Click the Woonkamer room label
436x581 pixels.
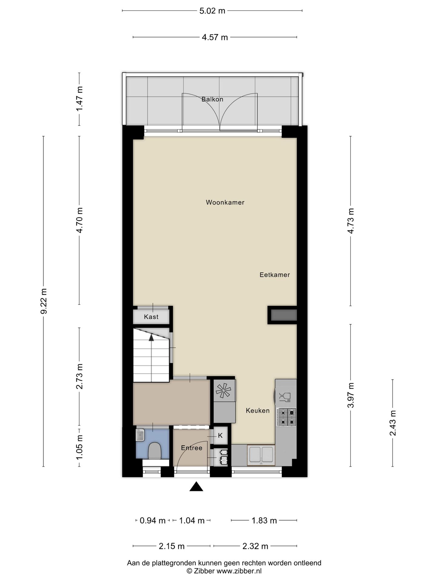coord(225,202)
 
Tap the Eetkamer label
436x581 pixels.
coord(275,275)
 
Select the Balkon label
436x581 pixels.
coord(212,99)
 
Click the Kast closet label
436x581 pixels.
coord(151,317)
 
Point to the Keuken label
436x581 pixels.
coord(258,411)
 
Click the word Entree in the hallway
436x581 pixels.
coord(191,448)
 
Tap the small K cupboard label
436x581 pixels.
coord(220,435)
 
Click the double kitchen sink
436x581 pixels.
coord(261,455)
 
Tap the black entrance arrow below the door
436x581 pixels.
coord(196,487)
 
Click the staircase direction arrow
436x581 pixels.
coord(151,338)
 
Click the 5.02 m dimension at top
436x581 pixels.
coord(212,11)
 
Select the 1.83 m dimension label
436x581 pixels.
coord(264,520)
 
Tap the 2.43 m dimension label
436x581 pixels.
coord(393,423)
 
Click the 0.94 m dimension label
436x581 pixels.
coord(152,520)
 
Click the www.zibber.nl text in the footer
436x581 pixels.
coord(239,571)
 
